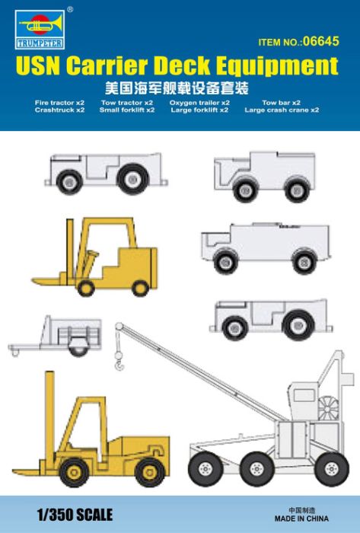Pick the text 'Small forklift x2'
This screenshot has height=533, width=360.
(x=127, y=110)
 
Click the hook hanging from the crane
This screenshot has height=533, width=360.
(x=118, y=354)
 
